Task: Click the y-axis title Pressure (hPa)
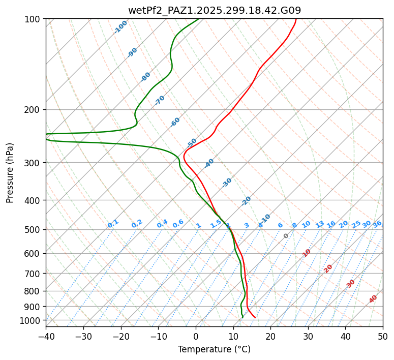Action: pos(10,173)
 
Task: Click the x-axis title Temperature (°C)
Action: pos(214,350)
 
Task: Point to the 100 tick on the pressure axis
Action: pos(33,19)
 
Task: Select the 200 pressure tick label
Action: pos(33,109)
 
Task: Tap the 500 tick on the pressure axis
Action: pos(33,229)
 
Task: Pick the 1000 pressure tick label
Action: pos(31,320)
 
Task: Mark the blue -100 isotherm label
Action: pos(120,27)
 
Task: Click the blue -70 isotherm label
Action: pos(160,100)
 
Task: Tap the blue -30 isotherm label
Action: pos(227,183)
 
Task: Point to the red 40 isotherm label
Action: pos(373,299)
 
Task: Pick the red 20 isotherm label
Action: pos(328,268)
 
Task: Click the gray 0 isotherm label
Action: pos(286,236)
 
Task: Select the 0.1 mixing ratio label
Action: pos(113,224)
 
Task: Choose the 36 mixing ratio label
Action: pos(377,224)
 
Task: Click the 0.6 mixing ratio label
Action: pos(178,224)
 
